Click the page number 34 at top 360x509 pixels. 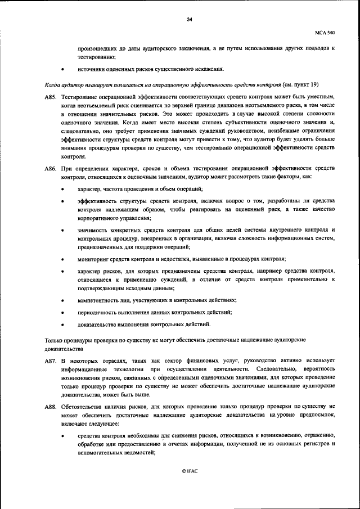[x=190, y=19]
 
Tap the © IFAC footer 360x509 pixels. [x=190, y=471]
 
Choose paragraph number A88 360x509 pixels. [x=51, y=405]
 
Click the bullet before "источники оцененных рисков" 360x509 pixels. [x=62, y=70]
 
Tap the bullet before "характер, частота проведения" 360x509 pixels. [x=62, y=188]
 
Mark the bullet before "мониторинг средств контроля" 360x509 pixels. [x=62, y=259]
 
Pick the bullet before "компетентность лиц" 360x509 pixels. [x=62, y=300]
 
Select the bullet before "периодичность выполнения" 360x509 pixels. [x=62, y=312]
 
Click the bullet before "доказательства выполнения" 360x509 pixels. [x=62, y=325]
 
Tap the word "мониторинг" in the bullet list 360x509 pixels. [x=94, y=259]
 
